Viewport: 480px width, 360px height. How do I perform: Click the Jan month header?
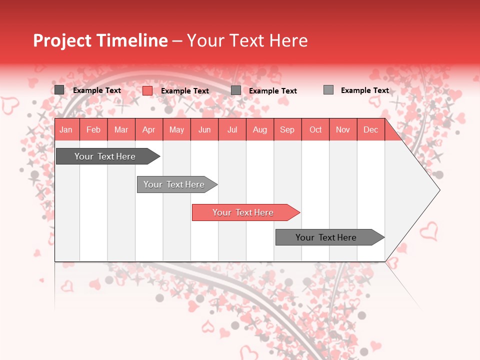tap(66, 129)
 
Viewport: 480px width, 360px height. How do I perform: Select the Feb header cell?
tap(93, 129)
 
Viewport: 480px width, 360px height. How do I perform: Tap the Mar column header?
tap(121, 129)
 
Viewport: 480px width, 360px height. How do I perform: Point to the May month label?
tap(176, 129)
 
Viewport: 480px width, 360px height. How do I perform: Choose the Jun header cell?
tap(204, 129)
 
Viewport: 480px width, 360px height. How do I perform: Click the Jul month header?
tap(232, 129)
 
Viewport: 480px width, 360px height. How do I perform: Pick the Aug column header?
tap(260, 129)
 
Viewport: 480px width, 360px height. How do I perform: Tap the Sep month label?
tap(287, 129)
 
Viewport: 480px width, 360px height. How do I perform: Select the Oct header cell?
tap(315, 129)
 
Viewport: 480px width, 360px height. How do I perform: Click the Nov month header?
tap(343, 129)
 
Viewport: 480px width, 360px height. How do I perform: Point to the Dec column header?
tap(371, 129)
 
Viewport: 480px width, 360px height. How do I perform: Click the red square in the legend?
tap(147, 90)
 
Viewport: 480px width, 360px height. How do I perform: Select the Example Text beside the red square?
tap(185, 91)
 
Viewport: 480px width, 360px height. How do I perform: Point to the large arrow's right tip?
tap(439, 190)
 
